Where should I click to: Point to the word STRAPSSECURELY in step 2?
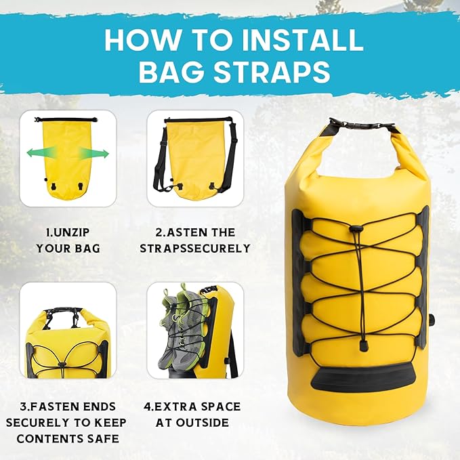(x=195, y=249)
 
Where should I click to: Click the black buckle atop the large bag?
(x=361, y=126)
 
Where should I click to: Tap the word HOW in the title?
(x=140, y=41)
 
